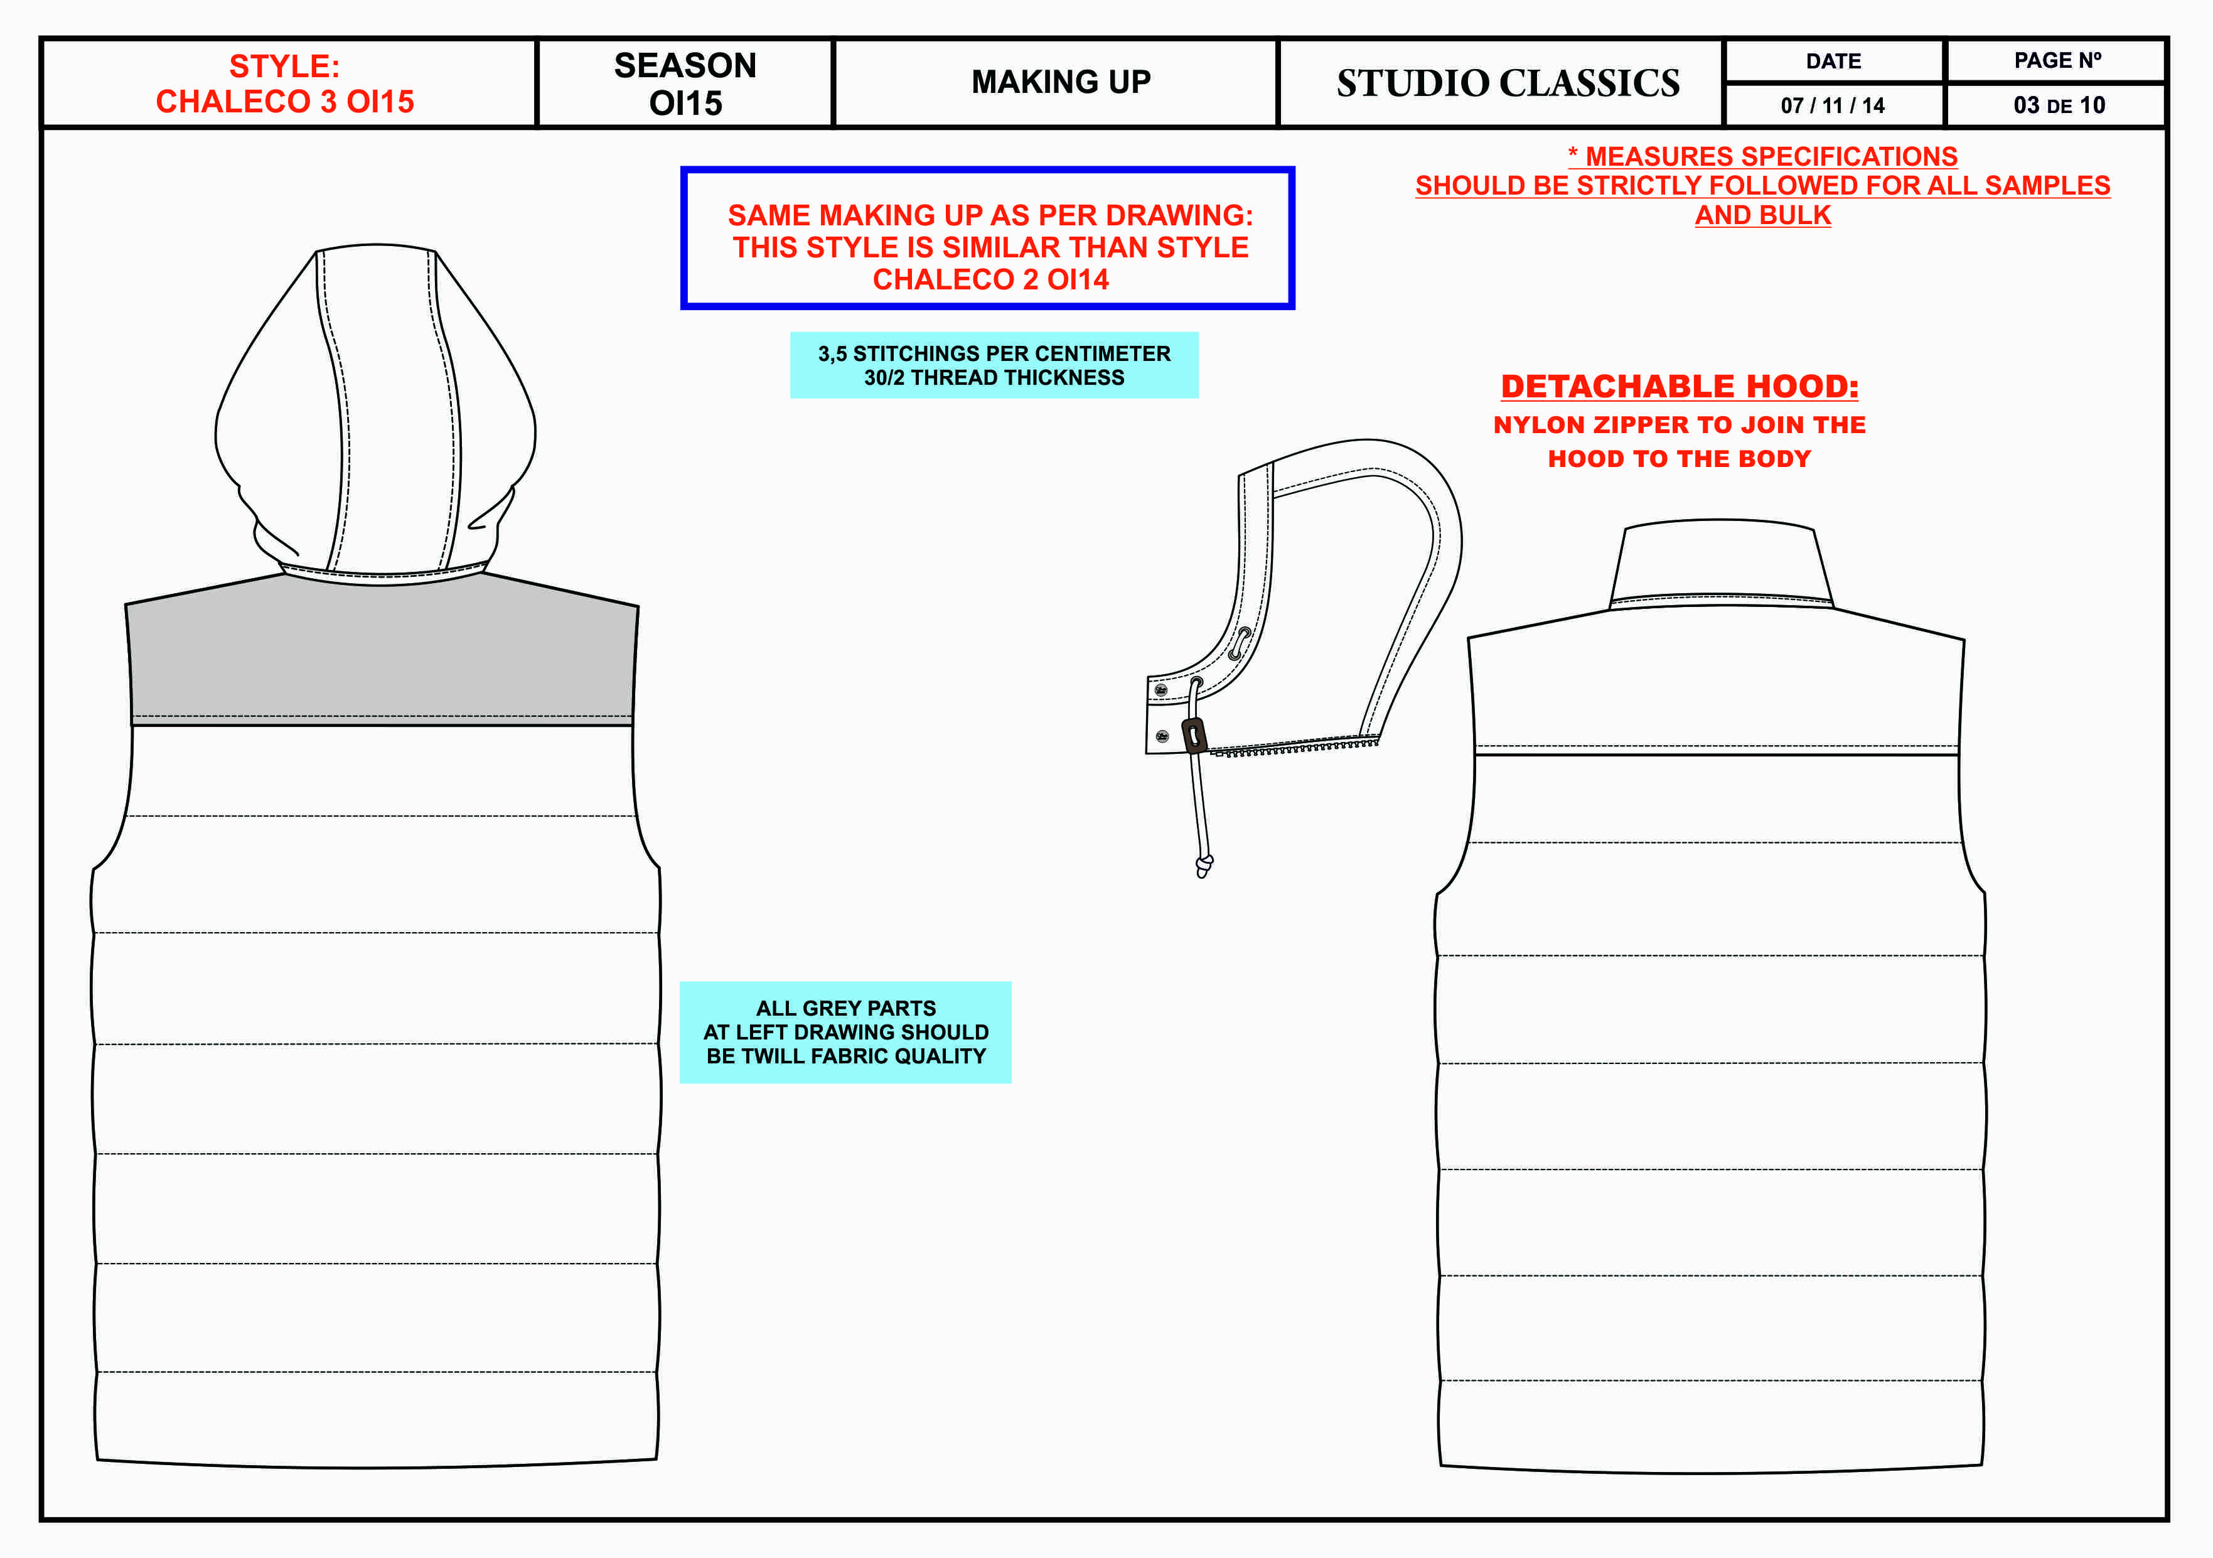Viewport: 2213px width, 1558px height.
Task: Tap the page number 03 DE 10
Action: (2059, 105)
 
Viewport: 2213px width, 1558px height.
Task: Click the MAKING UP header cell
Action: (1060, 83)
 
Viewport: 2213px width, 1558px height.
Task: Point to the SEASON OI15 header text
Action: (685, 84)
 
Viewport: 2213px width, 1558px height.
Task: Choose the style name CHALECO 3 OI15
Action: (286, 101)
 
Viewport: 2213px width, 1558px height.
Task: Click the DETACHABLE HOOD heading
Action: (1679, 387)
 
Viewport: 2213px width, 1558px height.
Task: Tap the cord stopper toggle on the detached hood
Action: (1194, 736)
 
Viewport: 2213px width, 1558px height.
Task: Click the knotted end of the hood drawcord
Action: (1204, 866)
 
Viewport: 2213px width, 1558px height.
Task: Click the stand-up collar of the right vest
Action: (1720, 564)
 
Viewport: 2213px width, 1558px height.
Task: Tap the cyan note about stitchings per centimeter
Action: (994, 365)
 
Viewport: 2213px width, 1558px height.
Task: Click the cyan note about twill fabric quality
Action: (845, 1033)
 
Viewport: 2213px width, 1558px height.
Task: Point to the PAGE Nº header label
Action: (2057, 61)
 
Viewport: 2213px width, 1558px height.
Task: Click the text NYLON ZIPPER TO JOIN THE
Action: (1679, 425)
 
